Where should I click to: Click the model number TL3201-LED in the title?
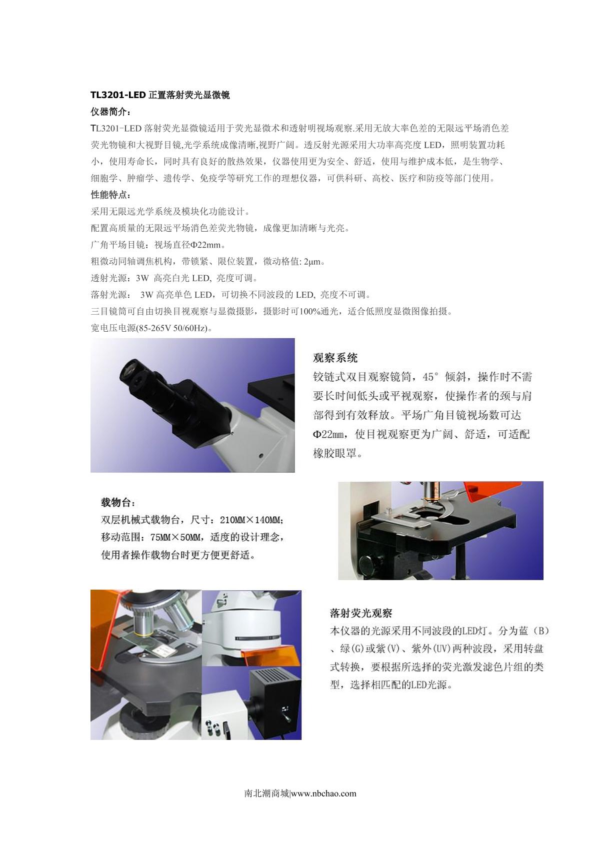[118, 95]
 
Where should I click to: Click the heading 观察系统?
[335, 358]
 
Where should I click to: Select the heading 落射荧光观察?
[361, 613]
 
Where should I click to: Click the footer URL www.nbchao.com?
[324, 793]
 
